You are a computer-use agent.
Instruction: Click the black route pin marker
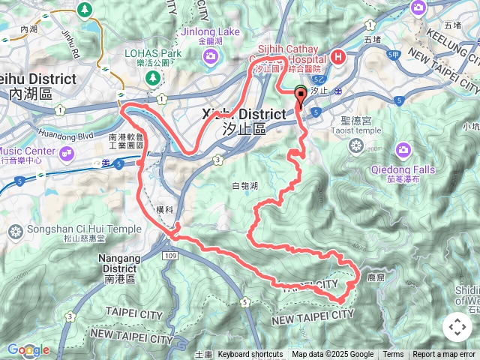click(x=301, y=94)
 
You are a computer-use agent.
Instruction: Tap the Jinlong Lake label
click(x=208, y=32)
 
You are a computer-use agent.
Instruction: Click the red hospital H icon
click(x=338, y=56)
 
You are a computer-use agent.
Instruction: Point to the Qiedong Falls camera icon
click(x=403, y=150)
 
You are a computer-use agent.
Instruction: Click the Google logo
click(x=28, y=349)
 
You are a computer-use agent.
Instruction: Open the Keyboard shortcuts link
click(x=250, y=355)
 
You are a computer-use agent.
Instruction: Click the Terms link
click(x=393, y=355)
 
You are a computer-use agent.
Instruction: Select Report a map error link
click(x=444, y=355)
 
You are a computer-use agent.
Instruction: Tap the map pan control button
click(x=457, y=327)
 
